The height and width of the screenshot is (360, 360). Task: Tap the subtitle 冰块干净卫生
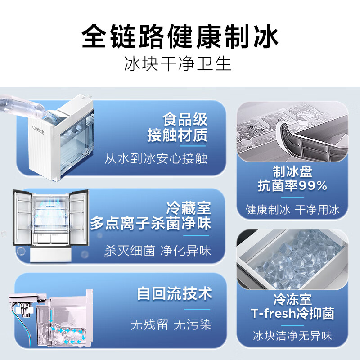[x=180, y=64]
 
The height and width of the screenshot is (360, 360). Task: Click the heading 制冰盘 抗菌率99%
[x=292, y=178]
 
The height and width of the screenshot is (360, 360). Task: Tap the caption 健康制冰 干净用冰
[x=293, y=209]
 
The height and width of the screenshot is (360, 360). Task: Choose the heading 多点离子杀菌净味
[x=151, y=223]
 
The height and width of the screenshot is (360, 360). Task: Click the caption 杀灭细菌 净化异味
[x=157, y=250]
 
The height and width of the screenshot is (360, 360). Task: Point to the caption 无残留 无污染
[x=171, y=324]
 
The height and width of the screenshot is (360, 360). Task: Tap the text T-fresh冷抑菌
[x=292, y=314]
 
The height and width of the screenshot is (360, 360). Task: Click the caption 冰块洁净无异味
[x=292, y=335]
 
